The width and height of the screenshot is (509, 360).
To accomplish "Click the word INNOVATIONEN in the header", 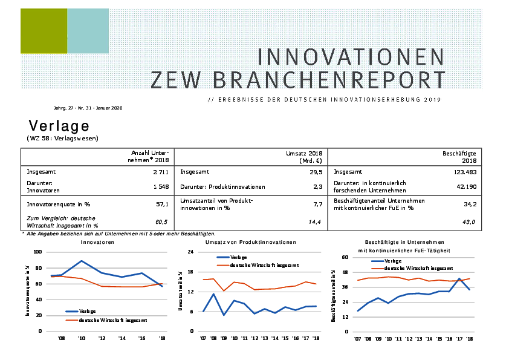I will pyautogui.click(x=351, y=57).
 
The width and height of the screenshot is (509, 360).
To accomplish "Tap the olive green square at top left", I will pyautogui.click(x=43, y=31).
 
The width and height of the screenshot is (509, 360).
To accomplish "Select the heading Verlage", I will pyautogui.click(x=59, y=126).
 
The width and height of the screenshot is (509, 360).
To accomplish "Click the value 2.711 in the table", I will pyautogui.click(x=160, y=172).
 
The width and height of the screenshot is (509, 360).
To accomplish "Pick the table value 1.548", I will pyautogui.click(x=160, y=187).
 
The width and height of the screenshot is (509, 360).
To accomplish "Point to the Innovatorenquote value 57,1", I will pyautogui.click(x=162, y=205).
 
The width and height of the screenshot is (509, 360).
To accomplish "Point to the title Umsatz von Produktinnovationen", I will pyautogui.click(x=251, y=242).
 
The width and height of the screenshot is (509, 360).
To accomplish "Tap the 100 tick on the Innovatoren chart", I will pyautogui.click(x=37, y=252).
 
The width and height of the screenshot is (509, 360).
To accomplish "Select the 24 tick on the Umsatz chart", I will pyautogui.click(x=190, y=252).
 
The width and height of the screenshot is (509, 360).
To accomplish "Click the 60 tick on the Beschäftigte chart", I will pyautogui.click(x=345, y=258).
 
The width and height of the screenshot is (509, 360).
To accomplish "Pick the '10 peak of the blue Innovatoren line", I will pyautogui.click(x=81, y=261).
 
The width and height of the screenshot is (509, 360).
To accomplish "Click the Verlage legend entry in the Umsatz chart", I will pyautogui.click(x=232, y=257).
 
